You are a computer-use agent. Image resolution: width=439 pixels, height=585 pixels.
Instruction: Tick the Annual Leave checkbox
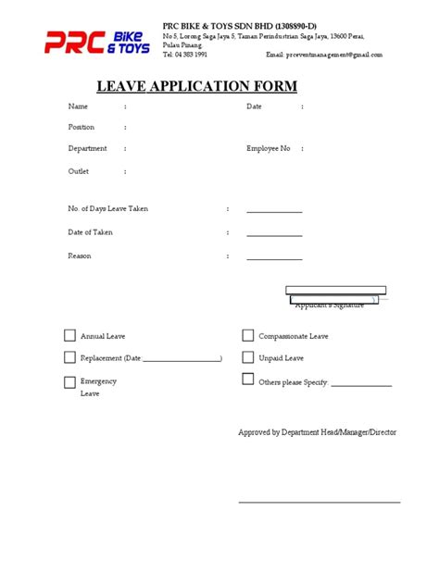click(69, 336)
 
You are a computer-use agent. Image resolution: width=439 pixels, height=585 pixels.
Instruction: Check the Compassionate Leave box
click(248, 336)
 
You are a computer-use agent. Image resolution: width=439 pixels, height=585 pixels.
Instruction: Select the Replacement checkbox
click(69, 357)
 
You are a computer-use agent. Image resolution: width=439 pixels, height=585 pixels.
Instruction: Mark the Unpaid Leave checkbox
click(248, 357)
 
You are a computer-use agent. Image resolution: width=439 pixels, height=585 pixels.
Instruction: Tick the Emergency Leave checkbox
click(69, 381)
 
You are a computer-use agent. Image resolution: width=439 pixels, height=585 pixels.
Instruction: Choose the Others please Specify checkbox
click(248, 379)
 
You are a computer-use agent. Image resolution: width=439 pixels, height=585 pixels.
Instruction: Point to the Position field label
click(82, 127)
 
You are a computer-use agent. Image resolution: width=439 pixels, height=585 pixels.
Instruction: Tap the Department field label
click(87, 148)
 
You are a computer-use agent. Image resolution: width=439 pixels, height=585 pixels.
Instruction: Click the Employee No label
click(268, 148)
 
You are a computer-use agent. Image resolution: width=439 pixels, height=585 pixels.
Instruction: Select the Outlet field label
click(79, 171)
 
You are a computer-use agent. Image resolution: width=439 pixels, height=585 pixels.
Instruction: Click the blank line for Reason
click(274, 259)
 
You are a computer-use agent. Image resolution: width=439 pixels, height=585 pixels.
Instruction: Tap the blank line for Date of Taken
click(274, 236)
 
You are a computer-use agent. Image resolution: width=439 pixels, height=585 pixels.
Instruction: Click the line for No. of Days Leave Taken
click(274, 212)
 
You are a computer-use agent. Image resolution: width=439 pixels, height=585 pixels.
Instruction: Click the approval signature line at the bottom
click(320, 502)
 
